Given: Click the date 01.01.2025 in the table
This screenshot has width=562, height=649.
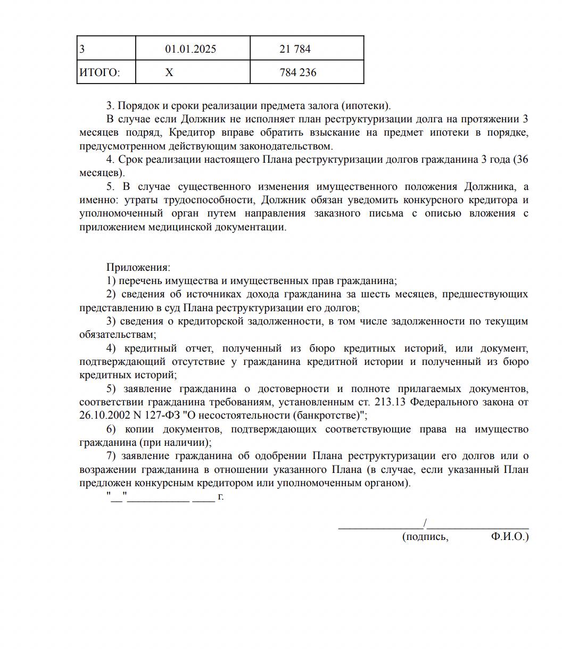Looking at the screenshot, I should [x=191, y=49].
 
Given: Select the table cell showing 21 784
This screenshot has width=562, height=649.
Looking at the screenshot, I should [x=295, y=49].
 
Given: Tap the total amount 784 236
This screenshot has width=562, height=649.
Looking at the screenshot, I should [x=298, y=73].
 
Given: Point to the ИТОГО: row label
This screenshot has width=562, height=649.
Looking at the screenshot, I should [x=100, y=73].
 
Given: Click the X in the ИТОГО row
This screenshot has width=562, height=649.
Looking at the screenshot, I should [x=169, y=73].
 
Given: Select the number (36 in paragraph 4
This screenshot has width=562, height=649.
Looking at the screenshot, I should [x=521, y=160].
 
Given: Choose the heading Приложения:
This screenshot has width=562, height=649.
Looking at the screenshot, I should [x=138, y=268].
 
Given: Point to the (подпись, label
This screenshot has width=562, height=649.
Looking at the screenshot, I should [x=425, y=537].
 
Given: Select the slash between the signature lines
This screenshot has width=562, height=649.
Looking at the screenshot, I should [x=425, y=523].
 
